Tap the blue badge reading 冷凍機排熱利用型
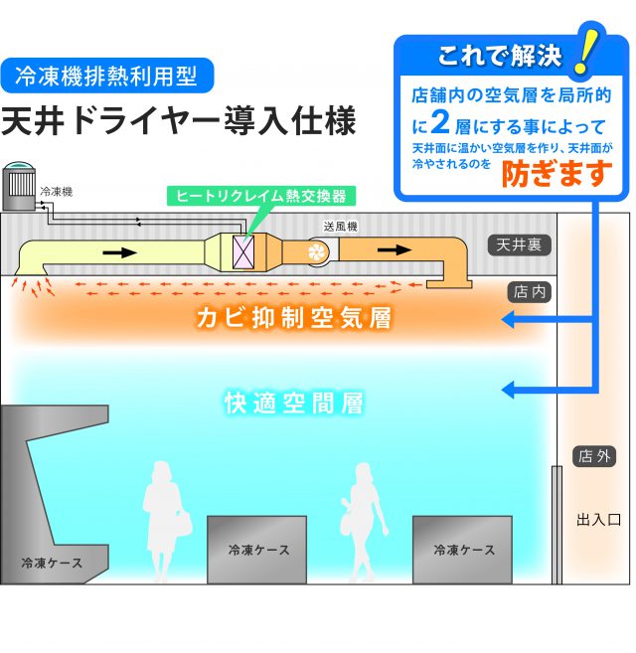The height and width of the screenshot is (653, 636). (107, 76)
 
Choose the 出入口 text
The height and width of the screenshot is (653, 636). (598, 519)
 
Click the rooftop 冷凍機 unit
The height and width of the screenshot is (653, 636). (19, 187)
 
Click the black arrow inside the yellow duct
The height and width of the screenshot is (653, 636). (120, 251)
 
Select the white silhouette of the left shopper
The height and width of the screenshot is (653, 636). (161, 521)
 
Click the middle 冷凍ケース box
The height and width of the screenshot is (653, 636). (256, 550)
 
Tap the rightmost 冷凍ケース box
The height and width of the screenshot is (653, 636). (463, 550)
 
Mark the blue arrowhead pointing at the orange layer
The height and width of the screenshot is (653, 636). (508, 320)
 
